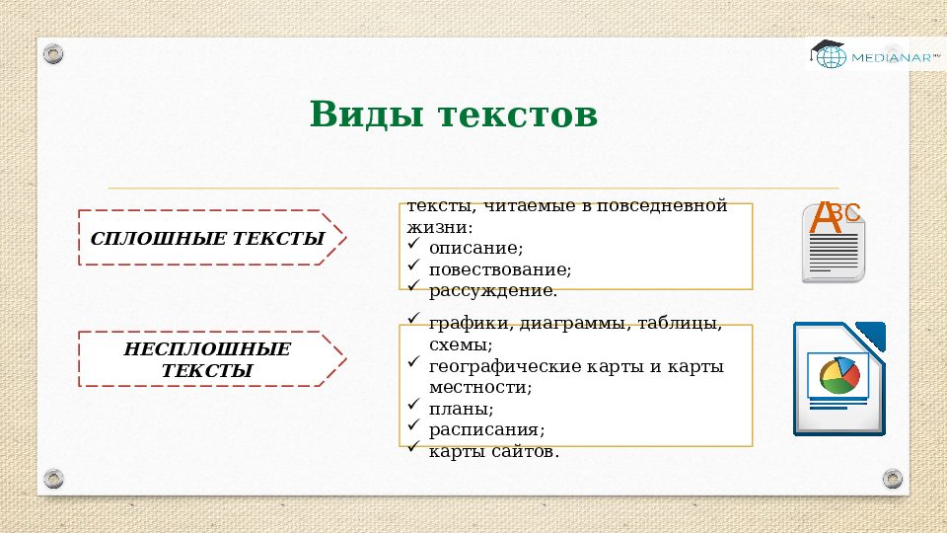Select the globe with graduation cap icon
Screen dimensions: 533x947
click(x=829, y=54)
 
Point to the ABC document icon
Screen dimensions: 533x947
click(x=834, y=242)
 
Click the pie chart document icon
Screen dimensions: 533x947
click(x=838, y=379)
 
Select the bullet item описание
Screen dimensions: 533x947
click(x=475, y=248)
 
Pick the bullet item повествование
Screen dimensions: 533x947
click(x=499, y=268)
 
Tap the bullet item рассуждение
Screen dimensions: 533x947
click(x=492, y=290)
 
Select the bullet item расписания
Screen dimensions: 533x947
click(x=486, y=429)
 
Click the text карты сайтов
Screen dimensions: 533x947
click(x=493, y=451)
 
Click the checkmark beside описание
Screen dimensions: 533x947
click(x=414, y=246)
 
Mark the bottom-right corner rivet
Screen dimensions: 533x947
click(x=892, y=478)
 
